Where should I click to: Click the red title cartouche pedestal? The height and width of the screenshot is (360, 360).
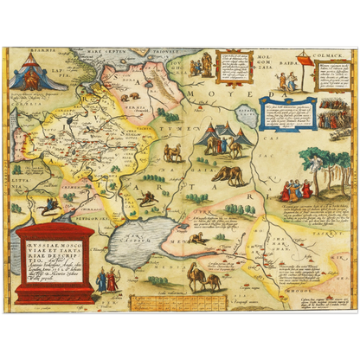point(55,263)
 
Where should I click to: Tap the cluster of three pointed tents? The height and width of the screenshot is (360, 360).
point(222,135)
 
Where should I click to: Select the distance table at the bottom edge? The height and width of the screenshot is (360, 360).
point(170,299)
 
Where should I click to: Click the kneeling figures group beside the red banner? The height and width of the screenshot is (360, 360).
point(329,117)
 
